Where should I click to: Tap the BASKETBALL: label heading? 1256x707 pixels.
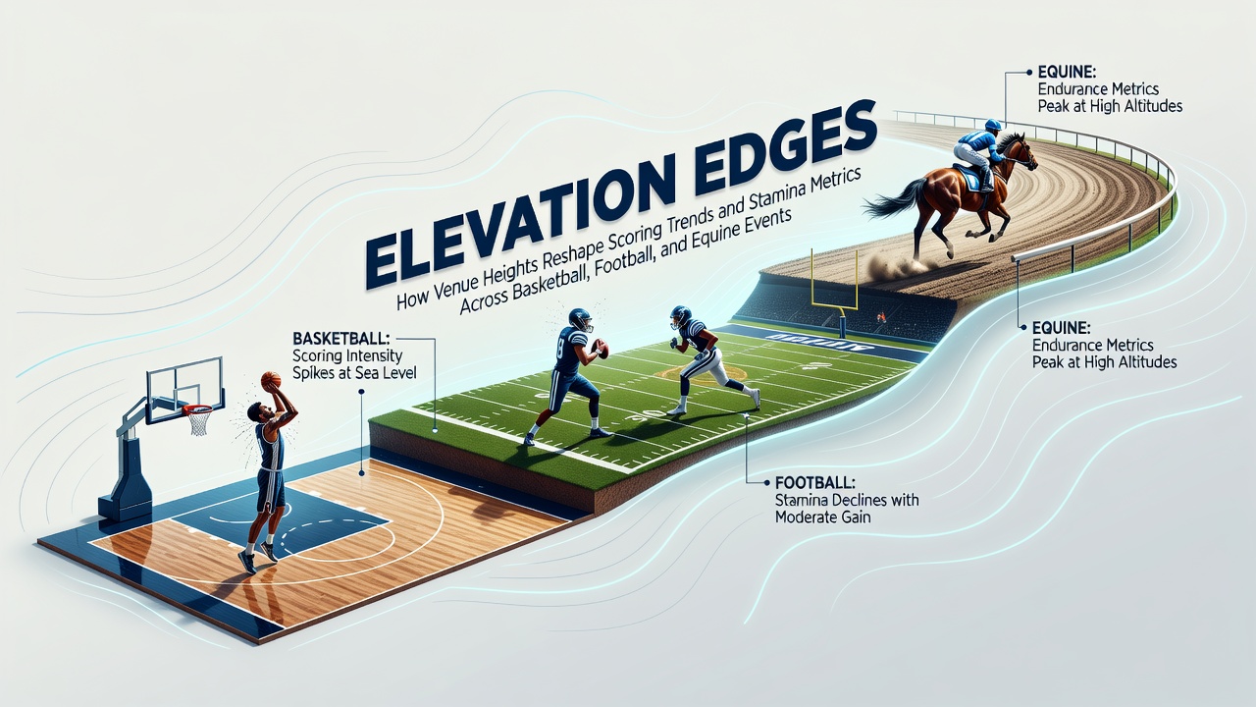pyautogui.click(x=340, y=339)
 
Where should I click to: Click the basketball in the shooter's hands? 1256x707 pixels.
pyautogui.click(x=271, y=379)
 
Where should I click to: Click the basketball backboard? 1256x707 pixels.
pyautogui.click(x=185, y=390)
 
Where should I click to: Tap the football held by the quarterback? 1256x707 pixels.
pyautogui.click(x=602, y=348)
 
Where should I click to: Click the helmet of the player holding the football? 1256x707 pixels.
pyautogui.click(x=580, y=319)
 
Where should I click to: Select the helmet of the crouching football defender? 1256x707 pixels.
pyautogui.click(x=680, y=316)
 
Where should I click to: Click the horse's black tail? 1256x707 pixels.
pyautogui.click(x=892, y=201)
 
